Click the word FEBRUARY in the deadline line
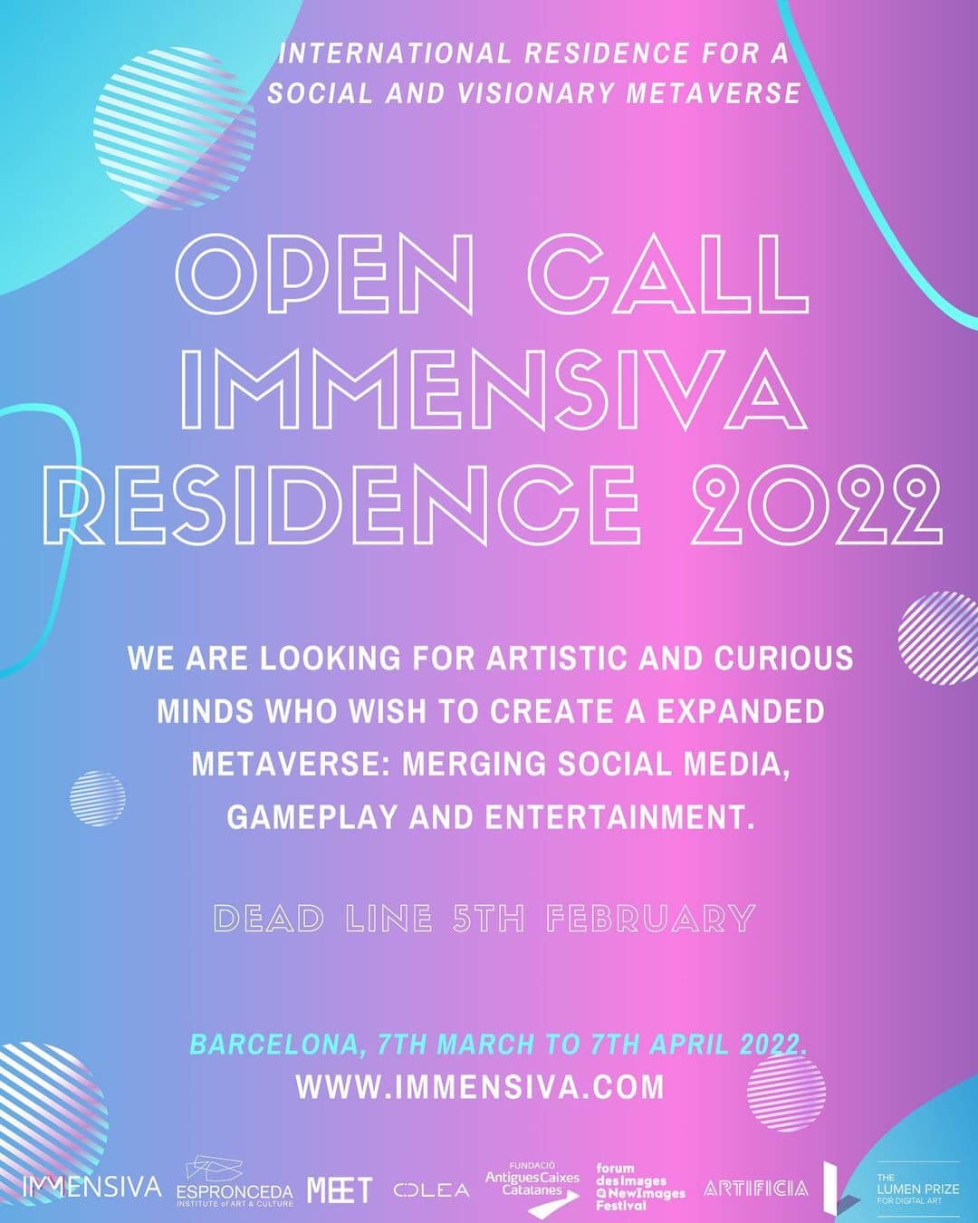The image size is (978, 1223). click(x=651, y=919)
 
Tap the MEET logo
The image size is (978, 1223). click(x=340, y=1189)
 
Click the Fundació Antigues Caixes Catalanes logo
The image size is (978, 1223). click(x=532, y=1184)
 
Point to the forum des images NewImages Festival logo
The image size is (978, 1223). click(x=640, y=1186)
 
